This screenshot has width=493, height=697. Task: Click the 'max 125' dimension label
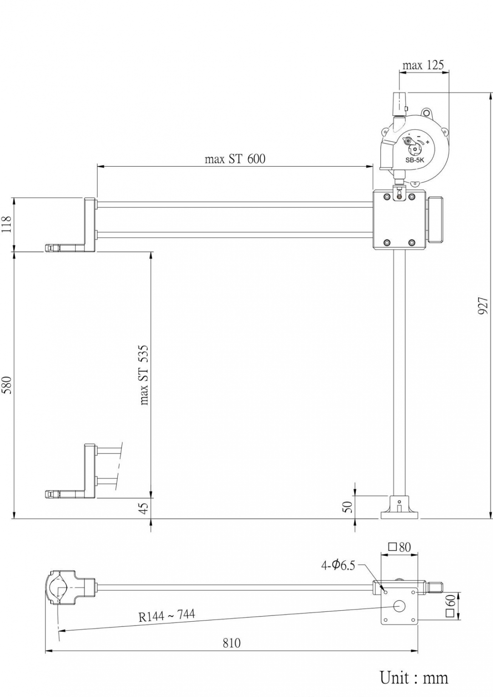coord(423,65)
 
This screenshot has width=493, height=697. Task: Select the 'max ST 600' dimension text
coord(235,159)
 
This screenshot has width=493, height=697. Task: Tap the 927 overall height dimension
coord(483,306)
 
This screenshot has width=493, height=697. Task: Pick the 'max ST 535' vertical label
coord(144,375)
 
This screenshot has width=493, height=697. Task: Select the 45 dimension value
coord(144,508)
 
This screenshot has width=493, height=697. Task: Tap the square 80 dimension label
coord(399,547)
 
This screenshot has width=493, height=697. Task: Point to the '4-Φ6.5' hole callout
coord(338,566)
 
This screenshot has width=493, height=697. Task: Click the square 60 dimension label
coord(450,606)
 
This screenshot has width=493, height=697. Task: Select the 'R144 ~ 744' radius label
coord(167,615)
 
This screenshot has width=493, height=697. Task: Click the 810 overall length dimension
coord(232,643)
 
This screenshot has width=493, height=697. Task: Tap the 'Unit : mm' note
coord(414,677)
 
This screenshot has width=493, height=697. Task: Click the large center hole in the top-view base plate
coord(399,606)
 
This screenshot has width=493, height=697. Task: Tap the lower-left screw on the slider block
coord(386,242)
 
